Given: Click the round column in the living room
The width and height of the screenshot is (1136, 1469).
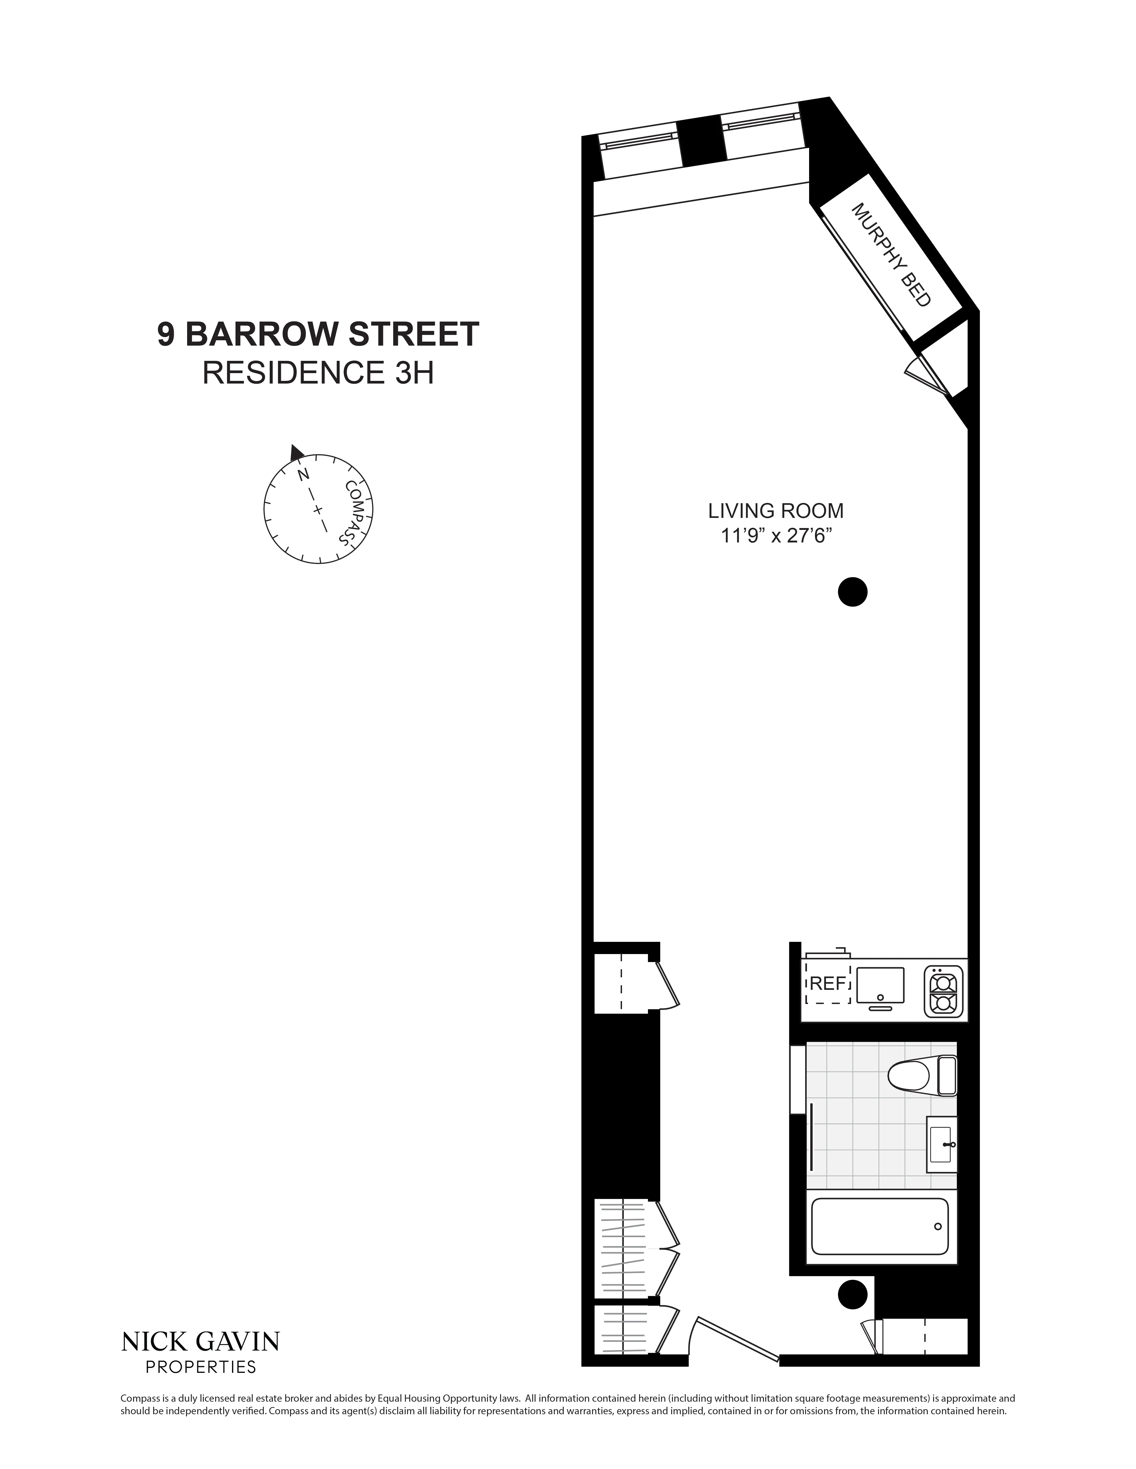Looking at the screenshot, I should (852, 592).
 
